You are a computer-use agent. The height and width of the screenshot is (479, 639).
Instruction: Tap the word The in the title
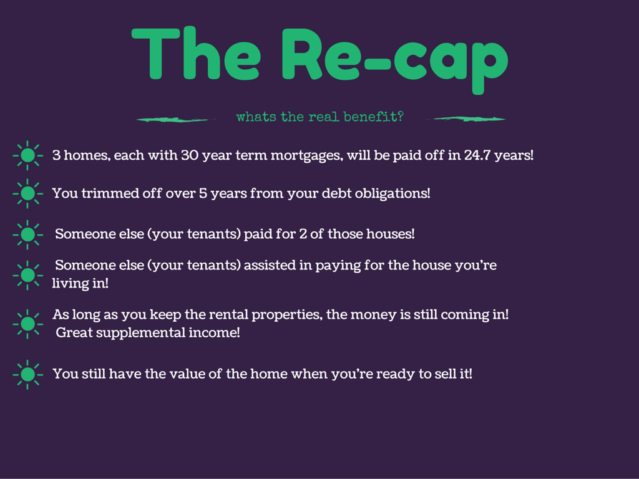(x=197, y=53)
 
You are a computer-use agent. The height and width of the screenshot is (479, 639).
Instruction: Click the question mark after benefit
(x=400, y=117)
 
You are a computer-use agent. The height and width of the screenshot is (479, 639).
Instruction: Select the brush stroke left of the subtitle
(x=176, y=119)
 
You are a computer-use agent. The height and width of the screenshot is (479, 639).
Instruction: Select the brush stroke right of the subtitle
(x=466, y=119)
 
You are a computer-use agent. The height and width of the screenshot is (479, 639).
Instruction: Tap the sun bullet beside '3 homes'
(x=27, y=155)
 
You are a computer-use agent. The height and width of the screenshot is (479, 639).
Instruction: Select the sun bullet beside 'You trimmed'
(x=27, y=193)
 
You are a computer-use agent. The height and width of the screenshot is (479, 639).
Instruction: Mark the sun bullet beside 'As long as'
(x=27, y=324)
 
